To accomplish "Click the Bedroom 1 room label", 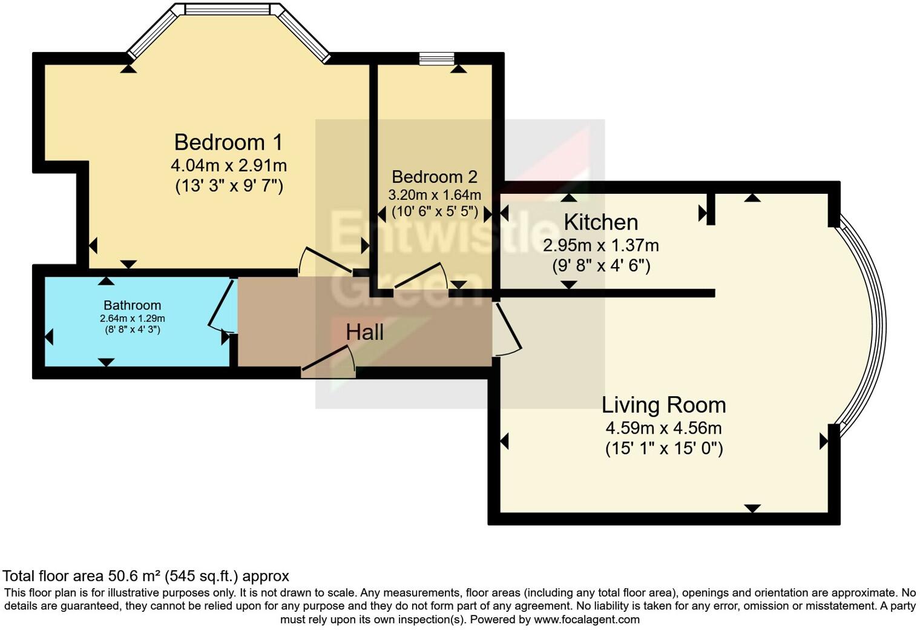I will pyautogui.click(x=228, y=142).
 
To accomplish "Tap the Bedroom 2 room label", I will pyautogui.click(x=434, y=177).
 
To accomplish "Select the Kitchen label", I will pyautogui.click(x=600, y=222).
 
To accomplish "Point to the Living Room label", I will pyautogui.click(x=663, y=405).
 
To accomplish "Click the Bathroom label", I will pyautogui.click(x=132, y=305).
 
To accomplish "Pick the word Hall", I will pyautogui.click(x=364, y=332).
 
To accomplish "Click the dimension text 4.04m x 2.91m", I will pyautogui.click(x=228, y=165).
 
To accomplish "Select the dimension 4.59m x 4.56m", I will pyautogui.click(x=663, y=428).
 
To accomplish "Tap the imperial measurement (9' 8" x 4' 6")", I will pyautogui.click(x=600, y=265).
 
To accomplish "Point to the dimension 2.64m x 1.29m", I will pyautogui.click(x=132, y=319).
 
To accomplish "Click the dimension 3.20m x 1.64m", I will pyautogui.click(x=434, y=195).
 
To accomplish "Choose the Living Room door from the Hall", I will pyautogui.click(x=507, y=330).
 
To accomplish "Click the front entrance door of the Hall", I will pyautogui.click(x=329, y=361).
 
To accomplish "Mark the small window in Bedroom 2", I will pyautogui.click(x=436, y=59).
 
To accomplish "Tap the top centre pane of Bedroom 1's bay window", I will pyautogui.click(x=227, y=10).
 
